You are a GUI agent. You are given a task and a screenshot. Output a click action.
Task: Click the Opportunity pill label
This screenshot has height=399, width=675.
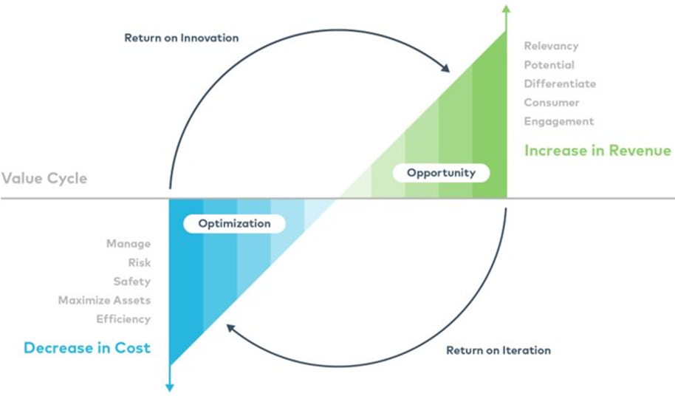point(441,173)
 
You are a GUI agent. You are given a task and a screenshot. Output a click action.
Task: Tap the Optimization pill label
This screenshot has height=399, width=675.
point(233,223)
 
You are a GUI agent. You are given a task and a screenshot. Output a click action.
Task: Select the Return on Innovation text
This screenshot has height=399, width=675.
point(181,38)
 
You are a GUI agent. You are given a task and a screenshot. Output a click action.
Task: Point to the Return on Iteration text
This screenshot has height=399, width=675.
point(498,350)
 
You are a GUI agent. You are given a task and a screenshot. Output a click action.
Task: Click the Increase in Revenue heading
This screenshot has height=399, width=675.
point(597,151)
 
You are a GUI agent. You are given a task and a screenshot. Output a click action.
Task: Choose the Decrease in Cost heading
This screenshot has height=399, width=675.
point(87,348)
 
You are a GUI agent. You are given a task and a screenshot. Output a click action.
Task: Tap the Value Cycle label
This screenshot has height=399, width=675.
point(44,178)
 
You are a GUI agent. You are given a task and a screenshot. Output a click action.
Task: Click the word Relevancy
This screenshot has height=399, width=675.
point(551,46)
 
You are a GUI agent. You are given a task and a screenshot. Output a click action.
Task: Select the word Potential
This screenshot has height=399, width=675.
point(549,65)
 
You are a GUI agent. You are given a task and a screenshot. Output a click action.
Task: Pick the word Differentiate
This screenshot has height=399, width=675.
point(560,83)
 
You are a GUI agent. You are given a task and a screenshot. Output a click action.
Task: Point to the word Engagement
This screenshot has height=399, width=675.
point(558,121)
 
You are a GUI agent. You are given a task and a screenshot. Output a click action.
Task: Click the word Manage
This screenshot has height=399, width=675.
point(129,244)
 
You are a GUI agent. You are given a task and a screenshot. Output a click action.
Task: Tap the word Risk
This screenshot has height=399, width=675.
point(139,262)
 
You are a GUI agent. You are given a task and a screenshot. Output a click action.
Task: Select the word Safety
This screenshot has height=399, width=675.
point(131,282)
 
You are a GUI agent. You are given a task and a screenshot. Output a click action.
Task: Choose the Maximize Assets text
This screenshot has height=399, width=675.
point(104,300)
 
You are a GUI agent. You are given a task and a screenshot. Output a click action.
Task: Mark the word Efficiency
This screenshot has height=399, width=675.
point(123,319)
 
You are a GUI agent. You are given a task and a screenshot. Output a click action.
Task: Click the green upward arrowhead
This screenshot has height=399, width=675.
point(506,9)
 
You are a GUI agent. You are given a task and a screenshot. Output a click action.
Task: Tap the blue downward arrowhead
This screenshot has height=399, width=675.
point(170,386)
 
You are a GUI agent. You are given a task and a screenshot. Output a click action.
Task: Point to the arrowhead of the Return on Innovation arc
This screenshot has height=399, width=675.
point(446,69)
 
